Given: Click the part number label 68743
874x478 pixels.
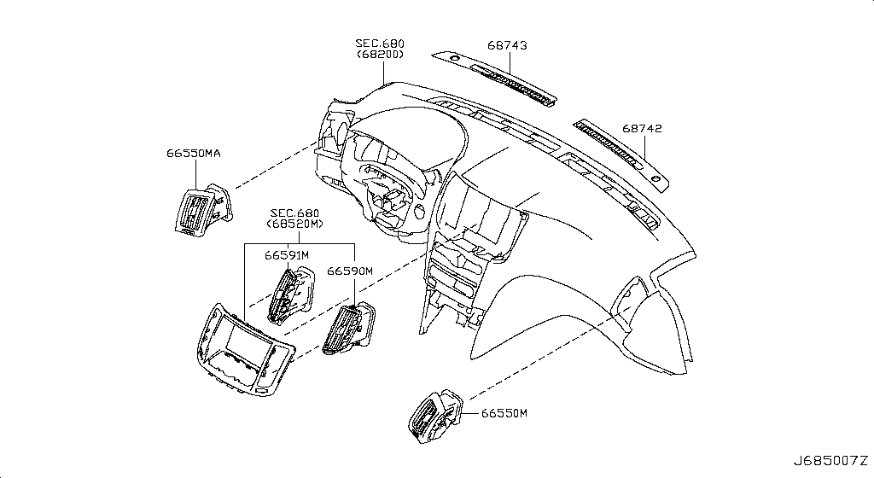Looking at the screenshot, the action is [x=507, y=45].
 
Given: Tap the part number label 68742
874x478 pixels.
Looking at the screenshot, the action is [x=642, y=128].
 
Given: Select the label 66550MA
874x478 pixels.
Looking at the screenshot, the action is [x=194, y=153].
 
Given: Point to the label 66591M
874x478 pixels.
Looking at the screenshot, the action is [x=287, y=255].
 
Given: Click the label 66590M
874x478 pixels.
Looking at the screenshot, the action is [x=349, y=271].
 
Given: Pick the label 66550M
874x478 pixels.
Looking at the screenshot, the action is [x=504, y=413].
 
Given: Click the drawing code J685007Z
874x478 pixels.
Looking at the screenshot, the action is [x=830, y=461].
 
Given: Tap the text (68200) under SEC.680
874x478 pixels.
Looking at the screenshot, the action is [x=380, y=55].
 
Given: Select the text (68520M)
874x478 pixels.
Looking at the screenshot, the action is [x=294, y=224].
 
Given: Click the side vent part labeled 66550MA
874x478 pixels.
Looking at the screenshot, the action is [x=202, y=209].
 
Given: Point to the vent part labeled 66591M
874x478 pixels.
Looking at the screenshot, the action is [x=290, y=294].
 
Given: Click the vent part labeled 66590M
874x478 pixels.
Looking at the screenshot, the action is [x=349, y=328].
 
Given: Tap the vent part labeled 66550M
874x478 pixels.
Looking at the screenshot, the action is [x=435, y=417].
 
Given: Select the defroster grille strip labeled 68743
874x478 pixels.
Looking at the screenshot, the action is [x=494, y=78].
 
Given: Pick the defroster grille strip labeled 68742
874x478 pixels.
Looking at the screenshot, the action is [x=622, y=155].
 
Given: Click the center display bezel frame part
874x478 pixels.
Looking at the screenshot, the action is [x=245, y=351].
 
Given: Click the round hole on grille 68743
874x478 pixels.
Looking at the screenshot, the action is [x=454, y=58].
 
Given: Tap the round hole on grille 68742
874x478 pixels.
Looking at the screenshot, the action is [x=655, y=179].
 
